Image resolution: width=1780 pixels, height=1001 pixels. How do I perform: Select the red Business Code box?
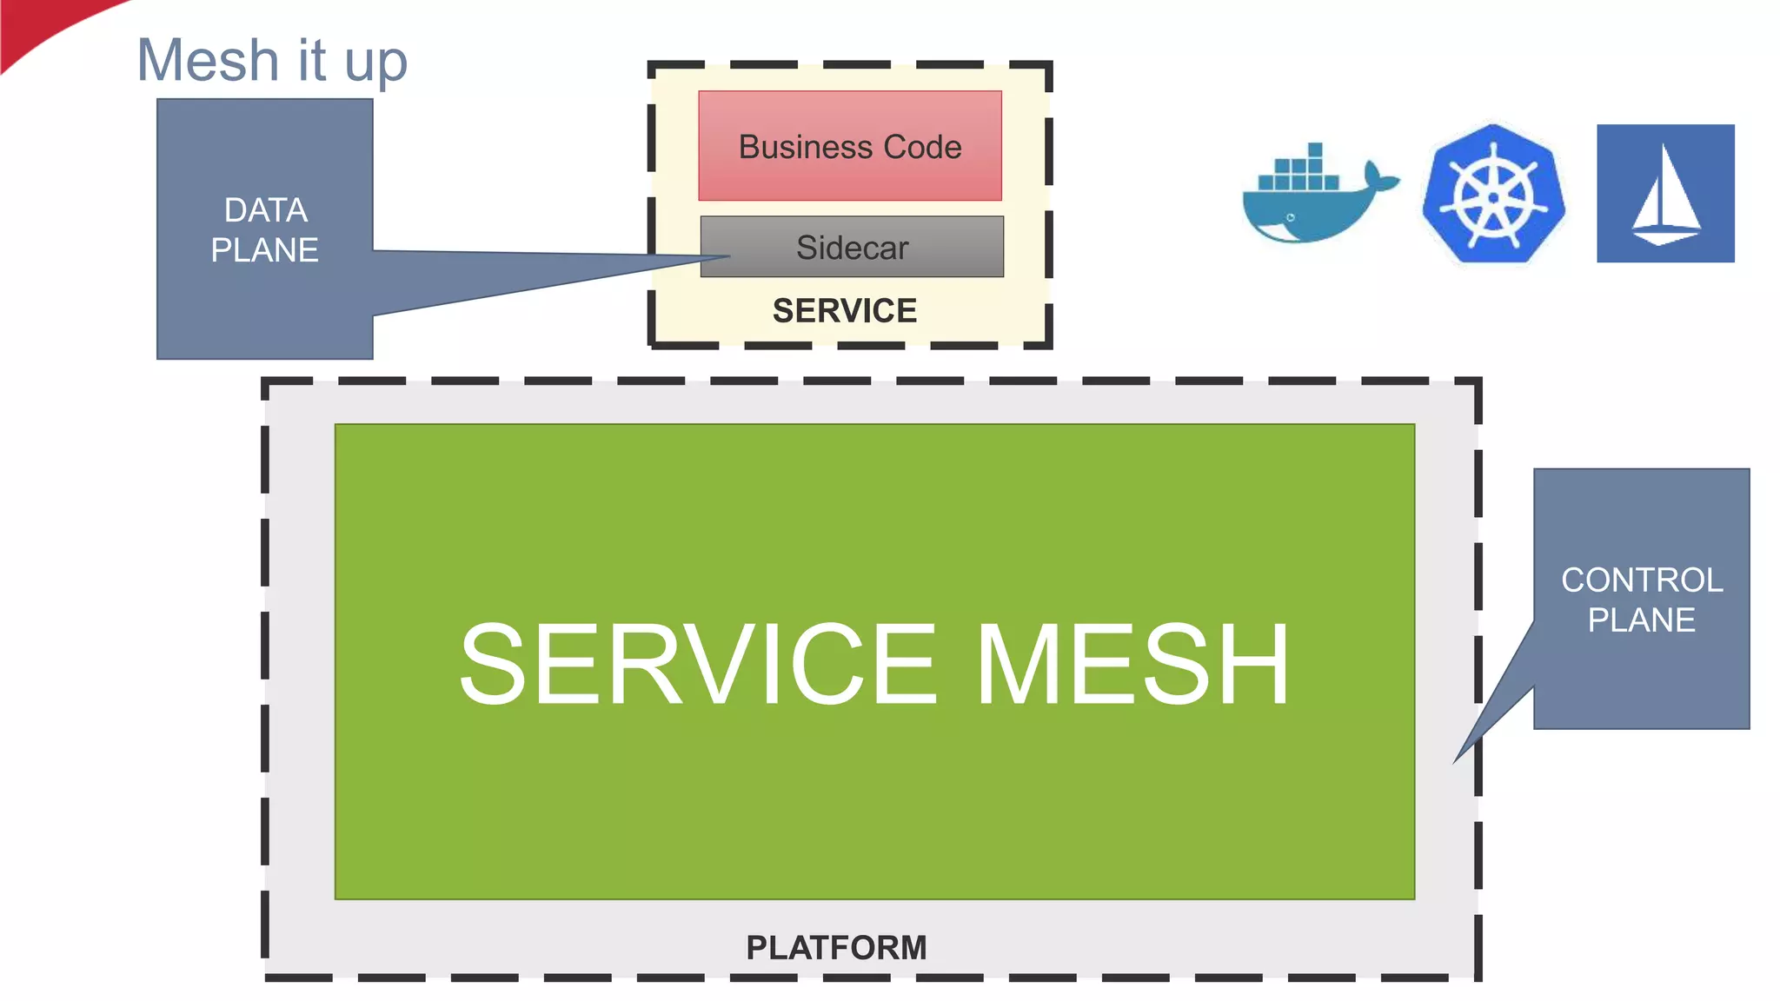pyautogui.click(x=849, y=146)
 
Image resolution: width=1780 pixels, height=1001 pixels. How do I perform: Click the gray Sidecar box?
pyautogui.click(x=851, y=248)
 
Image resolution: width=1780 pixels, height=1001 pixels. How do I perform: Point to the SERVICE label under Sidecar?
pyautogui.click(x=844, y=311)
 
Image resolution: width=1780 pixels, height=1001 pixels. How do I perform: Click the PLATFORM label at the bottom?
pyautogui.click(x=836, y=947)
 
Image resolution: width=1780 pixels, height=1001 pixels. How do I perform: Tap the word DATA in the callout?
pyautogui.click(x=265, y=210)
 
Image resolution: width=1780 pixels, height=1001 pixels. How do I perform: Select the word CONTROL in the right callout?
pyautogui.click(x=1641, y=580)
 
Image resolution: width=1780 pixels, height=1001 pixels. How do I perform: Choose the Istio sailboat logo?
pyautogui.click(x=1665, y=194)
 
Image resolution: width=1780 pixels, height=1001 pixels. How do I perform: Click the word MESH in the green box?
pyautogui.click(x=1132, y=665)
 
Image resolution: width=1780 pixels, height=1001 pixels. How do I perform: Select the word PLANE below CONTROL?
pyautogui.click(x=1641, y=620)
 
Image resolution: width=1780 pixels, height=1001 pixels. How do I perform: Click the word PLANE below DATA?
pyautogui.click(x=265, y=250)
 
